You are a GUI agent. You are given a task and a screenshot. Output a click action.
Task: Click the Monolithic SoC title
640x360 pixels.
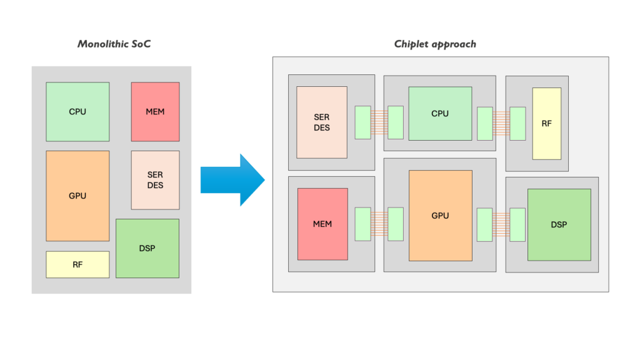(x=114, y=44)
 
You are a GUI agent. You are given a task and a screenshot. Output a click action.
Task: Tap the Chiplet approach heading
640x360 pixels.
(x=435, y=44)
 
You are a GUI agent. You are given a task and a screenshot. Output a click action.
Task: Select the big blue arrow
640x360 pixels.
(x=232, y=179)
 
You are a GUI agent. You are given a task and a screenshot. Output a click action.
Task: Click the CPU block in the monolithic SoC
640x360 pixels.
(x=77, y=112)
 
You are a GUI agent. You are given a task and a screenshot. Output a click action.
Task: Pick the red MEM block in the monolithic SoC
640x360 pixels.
(x=155, y=112)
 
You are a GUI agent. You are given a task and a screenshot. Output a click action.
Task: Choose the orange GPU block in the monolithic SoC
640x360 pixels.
(x=77, y=196)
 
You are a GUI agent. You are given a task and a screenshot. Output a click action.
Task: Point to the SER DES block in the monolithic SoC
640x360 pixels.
(x=155, y=180)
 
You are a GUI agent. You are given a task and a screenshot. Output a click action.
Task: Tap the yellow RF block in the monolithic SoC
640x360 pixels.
(x=77, y=264)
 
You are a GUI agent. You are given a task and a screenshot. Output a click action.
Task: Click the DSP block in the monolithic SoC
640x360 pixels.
(x=147, y=248)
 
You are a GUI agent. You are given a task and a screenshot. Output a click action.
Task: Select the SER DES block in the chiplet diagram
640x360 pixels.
(x=322, y=122)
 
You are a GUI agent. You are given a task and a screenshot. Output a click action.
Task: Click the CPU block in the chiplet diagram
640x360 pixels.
(x=440, y=114)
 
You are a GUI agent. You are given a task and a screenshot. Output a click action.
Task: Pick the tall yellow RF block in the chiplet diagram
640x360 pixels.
(x=546, y=124)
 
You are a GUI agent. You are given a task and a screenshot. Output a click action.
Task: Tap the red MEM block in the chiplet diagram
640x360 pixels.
(x=322, y=224)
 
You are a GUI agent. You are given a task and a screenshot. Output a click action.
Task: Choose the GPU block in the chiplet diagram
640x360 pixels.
(x=440, y=216)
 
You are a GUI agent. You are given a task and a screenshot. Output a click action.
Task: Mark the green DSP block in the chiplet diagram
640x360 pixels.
(x=559, y=224)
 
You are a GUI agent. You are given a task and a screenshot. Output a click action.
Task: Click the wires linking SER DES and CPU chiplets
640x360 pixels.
(x=379, y=122)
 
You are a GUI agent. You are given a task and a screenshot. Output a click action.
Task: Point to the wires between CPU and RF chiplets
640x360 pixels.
(x=501, y=122)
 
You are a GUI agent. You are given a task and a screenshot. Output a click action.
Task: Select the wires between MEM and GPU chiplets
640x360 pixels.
(x=379, y=224)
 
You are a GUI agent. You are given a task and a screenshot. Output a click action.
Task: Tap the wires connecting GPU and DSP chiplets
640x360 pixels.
(x=501, y=224)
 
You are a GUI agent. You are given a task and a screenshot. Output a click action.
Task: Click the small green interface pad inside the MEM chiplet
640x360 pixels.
(x=362, y=224)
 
